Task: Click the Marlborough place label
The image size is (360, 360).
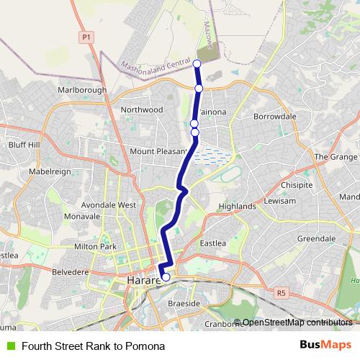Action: pyautogui.click(x=82, y=90)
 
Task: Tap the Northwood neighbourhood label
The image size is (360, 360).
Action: pyautogui.click(x=143, y=110)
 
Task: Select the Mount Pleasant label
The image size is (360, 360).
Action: pyautogui.click(x=158, y=151)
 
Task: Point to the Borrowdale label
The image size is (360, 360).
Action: pyautogui.click(x=274, y=116)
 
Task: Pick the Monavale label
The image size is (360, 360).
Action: pyautogui.click(x=81, y=216)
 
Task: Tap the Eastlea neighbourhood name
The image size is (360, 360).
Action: pyautogui.click(x=213, y=243)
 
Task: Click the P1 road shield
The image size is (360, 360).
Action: pyautogui.click(x=86, y=36)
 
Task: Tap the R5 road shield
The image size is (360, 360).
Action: pyautogui.click(x=280, y=292)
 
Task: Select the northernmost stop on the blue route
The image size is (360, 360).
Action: pyautogui.click(x=197, y=63)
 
